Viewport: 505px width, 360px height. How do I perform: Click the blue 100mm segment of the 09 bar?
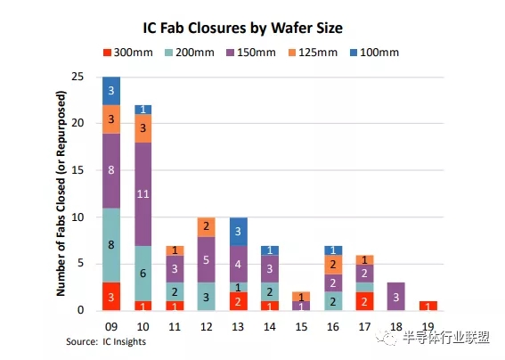tap(111, 90)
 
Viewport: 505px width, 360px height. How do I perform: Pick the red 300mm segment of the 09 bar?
tap(111, 296)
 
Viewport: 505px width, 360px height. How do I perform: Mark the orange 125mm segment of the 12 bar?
tap(207, 226)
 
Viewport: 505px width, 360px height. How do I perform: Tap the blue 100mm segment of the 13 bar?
tap(239, 231)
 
